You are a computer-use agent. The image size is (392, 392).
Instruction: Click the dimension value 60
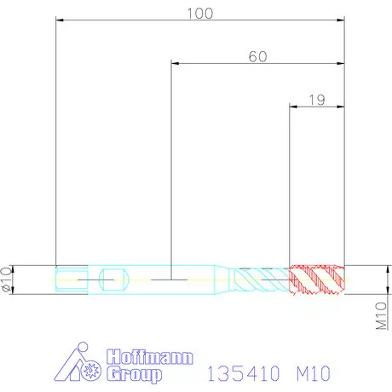tap(257, 56)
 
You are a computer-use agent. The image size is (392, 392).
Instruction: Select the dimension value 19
tap(317, 100)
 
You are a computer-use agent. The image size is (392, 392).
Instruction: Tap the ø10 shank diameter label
tap(8, 279)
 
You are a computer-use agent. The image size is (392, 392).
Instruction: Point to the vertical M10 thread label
tap(382, 314)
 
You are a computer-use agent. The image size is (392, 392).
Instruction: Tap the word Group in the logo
tap(134, 374)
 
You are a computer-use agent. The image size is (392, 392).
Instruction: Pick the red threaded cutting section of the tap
tap(317, 279)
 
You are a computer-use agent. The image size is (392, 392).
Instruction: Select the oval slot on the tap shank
tap(110, 278)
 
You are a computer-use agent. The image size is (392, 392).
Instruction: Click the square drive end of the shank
tap(69, 279)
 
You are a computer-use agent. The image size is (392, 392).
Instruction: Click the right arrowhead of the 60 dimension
tap(341, 63)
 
